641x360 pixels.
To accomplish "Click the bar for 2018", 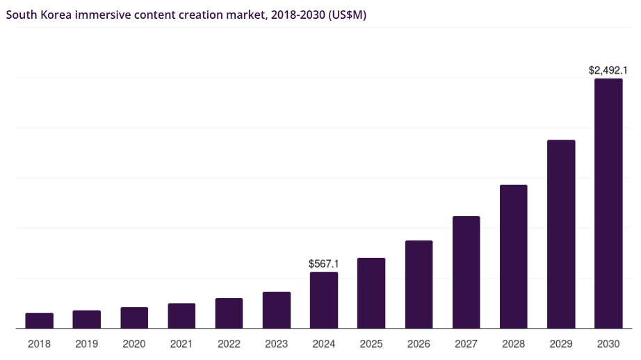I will [39, 320].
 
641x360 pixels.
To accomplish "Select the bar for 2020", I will [134, 318].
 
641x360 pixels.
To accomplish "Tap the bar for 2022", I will [229, 313].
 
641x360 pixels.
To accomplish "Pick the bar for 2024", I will [324, 300].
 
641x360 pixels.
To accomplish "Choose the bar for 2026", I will [419, 284].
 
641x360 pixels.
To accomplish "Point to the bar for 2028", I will [514, 256].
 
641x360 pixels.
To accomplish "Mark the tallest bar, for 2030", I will [608, 203].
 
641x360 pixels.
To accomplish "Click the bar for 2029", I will [561, 234].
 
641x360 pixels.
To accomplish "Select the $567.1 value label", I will [323, 264].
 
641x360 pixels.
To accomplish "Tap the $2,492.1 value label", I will [608, 70].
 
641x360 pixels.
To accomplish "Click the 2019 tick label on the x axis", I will [86, 344].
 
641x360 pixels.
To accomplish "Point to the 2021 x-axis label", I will [181, 344].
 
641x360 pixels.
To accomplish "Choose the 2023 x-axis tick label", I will [276, 344].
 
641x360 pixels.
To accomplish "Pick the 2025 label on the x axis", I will [371, 344].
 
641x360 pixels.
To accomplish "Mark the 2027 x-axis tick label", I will [466, 344].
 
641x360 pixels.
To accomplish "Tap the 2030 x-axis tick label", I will [608, 344].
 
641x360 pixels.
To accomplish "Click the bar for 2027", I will [466, 272].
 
